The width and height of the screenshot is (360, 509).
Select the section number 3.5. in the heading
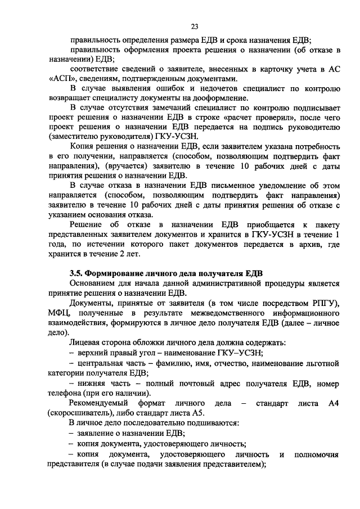pyautogui.click(x=76, y=273)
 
